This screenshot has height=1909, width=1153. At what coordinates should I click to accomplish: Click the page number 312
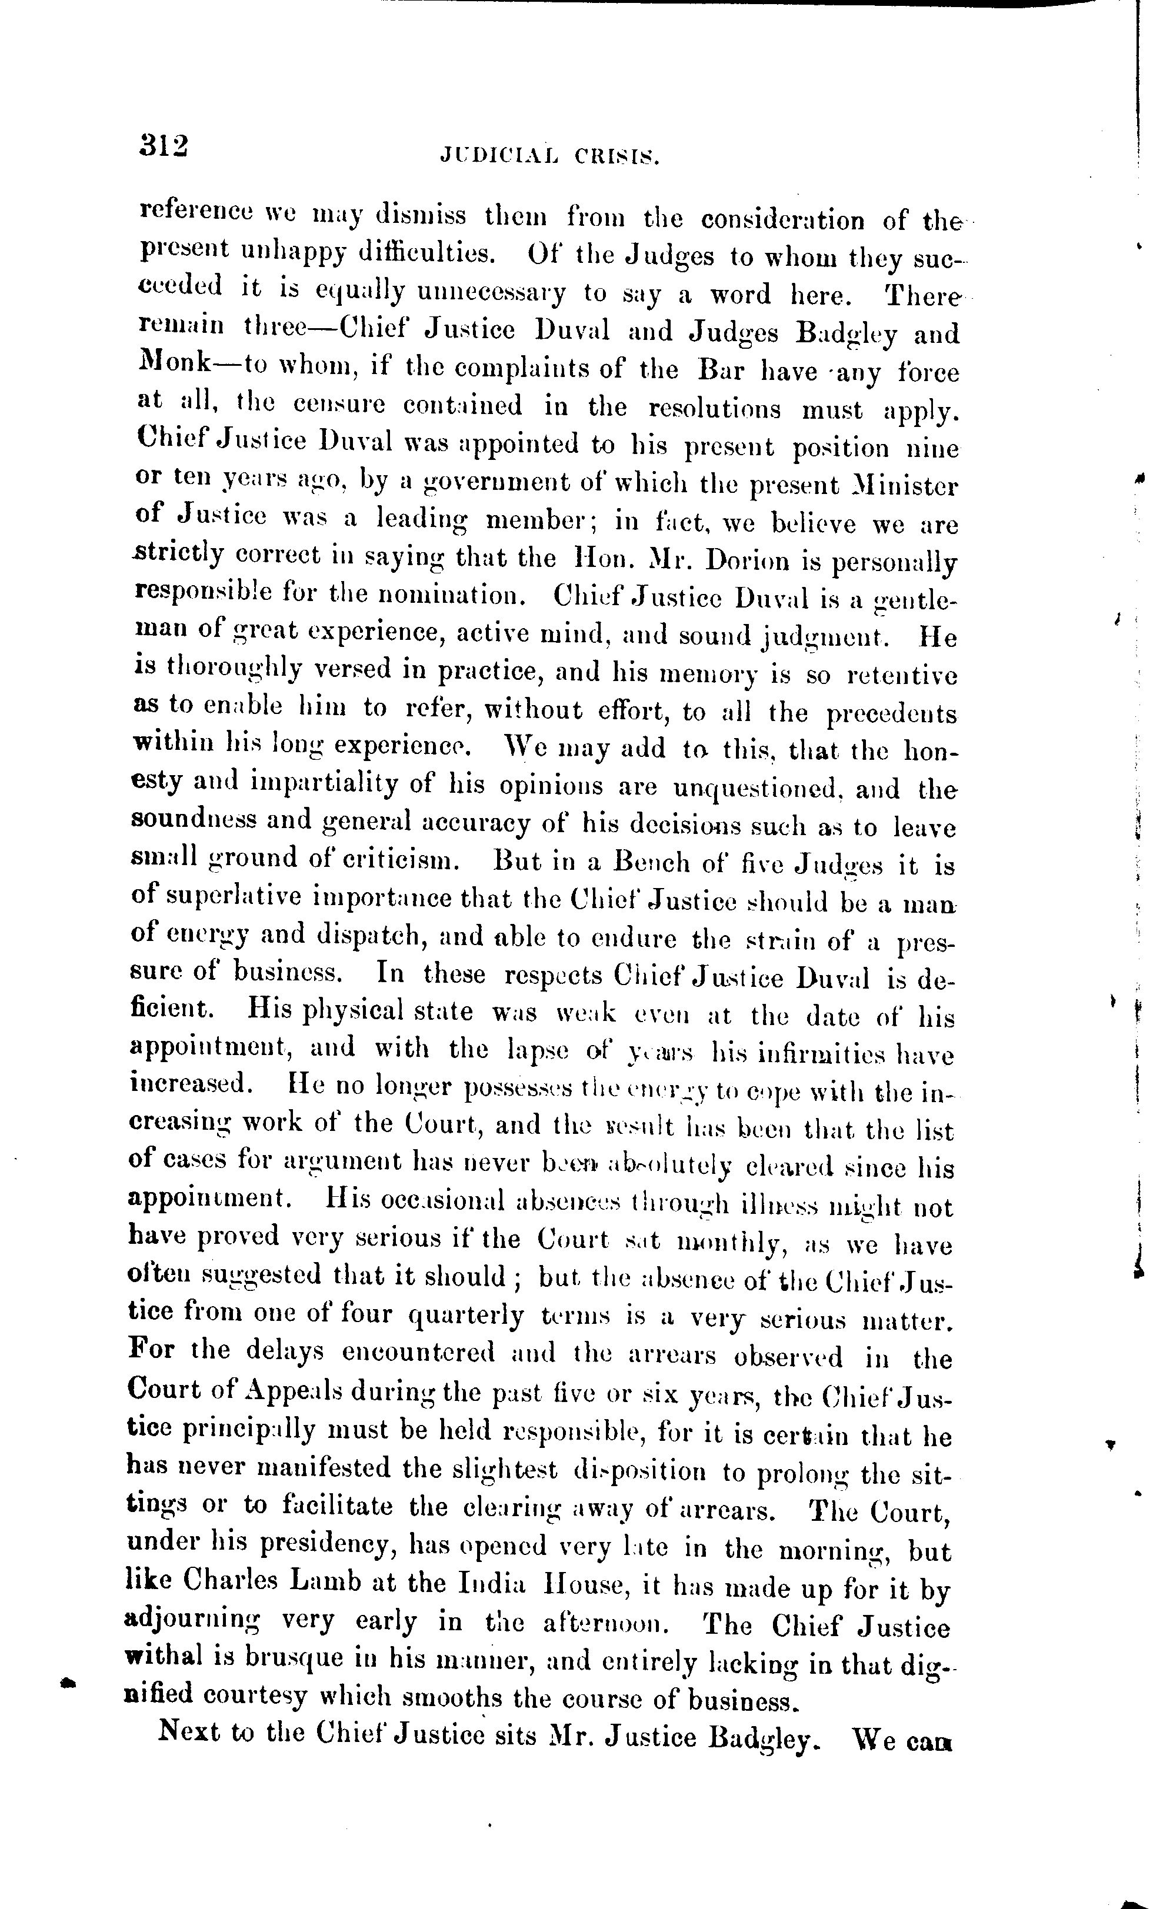click(164, 146)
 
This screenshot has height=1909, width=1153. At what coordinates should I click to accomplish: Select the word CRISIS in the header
click(617, 156)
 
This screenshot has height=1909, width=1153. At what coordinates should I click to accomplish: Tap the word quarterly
click(465, 1315)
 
